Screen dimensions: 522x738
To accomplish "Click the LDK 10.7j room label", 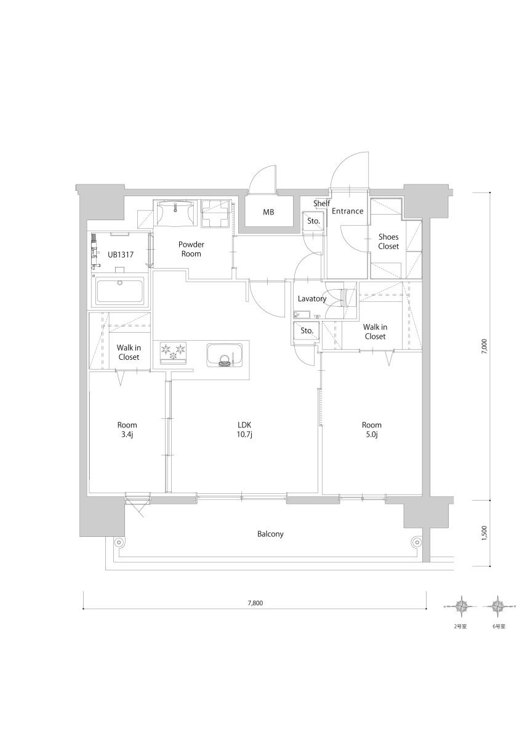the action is [x=244, y=430].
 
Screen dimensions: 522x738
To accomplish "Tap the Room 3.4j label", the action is [x=127, y=430].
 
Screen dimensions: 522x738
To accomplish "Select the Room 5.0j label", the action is [x=371, y=430].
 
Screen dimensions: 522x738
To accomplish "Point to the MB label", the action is [x=268, y=212].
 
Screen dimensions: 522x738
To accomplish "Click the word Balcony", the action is [x=270, y=534].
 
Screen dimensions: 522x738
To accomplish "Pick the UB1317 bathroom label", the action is [x=121, y=255].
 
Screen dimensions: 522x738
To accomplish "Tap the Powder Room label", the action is [x=191, y=248].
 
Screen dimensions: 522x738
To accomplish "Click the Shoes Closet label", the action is [x=388, y=242].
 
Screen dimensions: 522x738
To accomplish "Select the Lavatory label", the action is [x=312, y=298].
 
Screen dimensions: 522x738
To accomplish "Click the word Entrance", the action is [x=348, y=211].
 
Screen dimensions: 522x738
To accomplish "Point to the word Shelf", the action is [x=321, y=203].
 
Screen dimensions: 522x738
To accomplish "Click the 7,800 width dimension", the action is [x=255, y=603].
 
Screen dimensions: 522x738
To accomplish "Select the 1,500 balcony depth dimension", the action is [x=484, y=533].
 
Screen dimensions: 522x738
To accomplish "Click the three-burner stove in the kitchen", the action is [x=173, y=353].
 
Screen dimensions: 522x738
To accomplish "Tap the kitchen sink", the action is [x=224, y=355].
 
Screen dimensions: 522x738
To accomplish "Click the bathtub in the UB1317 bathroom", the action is [x=119, y=292].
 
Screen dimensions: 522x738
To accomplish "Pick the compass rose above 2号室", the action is [x=460, y=606].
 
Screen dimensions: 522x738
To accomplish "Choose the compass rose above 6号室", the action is [x=499, y=606].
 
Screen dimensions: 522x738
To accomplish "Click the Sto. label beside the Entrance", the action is [x=313, y=221].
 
